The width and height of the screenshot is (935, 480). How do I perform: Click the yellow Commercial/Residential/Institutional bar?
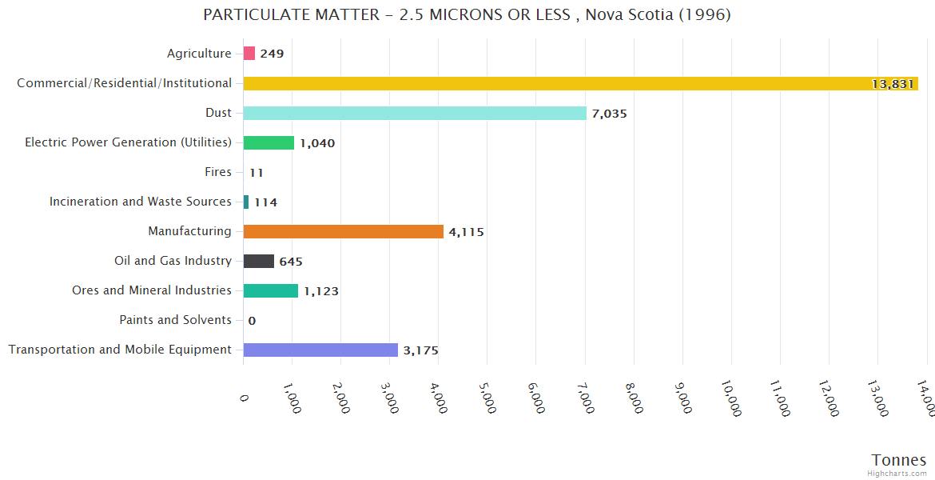[x=580, y=83]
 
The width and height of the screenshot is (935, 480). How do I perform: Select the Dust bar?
[x=415, y=113]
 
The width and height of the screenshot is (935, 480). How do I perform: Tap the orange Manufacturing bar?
[x=343, y=231]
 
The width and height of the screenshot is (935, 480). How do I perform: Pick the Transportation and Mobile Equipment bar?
[x=320, y=350]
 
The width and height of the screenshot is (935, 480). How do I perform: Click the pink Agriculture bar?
[x=249, y=54]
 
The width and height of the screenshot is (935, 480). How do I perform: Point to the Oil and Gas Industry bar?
[x=259, y=261]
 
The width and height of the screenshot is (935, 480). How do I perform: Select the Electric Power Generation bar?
[x=269, y=142]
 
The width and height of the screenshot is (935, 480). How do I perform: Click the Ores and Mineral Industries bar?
[x=271, y=290]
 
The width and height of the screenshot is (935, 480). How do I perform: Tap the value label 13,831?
[x=893, y=84]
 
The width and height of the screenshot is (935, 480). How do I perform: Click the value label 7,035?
[x=609, y=114]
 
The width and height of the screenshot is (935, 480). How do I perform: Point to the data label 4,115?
[x=466, y=232]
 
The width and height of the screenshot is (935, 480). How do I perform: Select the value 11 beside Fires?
[x=256, y=173]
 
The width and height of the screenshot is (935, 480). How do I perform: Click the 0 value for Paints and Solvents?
[x=252, y=321]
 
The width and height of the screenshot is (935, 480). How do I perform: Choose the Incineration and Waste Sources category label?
[x=141, y=202]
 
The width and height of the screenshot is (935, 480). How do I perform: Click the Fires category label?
[x=218, y=172]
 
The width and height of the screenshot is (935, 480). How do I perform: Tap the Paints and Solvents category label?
[x=176, y=320]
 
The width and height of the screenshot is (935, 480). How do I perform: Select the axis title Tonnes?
[x=899, y=460]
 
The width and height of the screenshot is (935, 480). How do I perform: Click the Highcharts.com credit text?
[x=899, y=474]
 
